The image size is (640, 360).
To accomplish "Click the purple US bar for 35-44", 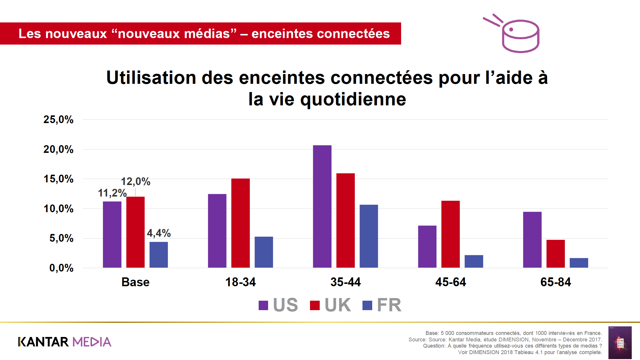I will coord(322,207).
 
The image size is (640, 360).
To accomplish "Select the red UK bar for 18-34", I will coord(240,223).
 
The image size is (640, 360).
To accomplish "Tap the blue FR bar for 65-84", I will coord(579,263).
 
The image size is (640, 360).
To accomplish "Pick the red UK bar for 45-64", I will coord(450,234).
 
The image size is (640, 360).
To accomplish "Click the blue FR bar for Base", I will coord(159,255).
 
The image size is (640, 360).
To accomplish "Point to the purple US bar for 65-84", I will coord(532,240).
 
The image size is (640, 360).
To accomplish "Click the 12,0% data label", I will coord(136,181).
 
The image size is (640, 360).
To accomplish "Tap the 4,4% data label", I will coord(159,233).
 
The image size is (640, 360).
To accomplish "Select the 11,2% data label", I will coord(112,193).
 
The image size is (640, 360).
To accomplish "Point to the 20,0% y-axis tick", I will coord(58,149).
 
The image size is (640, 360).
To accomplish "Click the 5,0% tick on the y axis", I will coord(61,238).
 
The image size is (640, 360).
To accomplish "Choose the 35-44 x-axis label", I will coord(345,282).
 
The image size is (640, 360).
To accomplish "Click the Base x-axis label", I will coord(135,282).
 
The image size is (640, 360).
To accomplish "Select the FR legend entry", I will coord(389,305).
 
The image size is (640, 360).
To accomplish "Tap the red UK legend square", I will coord(315,305).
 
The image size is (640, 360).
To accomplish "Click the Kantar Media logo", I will coord(65,342).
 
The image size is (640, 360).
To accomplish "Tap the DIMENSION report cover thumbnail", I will coord(620,342).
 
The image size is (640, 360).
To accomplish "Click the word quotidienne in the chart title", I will coord(353,99).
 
